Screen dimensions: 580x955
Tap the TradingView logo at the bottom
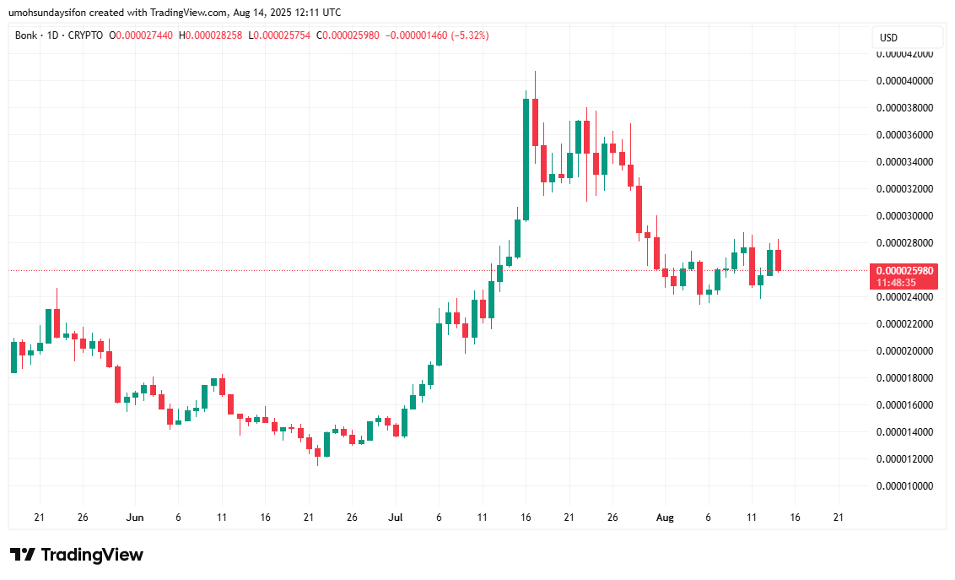tap(77, 555)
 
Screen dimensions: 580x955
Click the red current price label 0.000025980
tap(904, 271)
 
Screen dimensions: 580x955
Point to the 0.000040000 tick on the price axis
tap(904, 81)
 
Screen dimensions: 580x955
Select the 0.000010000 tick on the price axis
tap(904, 486)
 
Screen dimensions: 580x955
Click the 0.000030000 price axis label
tap(904, 216)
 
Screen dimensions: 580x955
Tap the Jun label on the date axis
tap(134, 518)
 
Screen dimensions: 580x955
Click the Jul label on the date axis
tap(396, 518)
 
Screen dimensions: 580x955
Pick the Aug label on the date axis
tap(665, 518)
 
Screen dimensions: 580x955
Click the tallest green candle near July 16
tap(526, 159)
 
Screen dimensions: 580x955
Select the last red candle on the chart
tap(779, 260)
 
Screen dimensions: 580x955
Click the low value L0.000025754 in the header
tap(279, 35)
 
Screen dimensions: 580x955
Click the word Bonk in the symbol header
tap(26, 35)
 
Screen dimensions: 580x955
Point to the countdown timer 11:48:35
tap(896, 283)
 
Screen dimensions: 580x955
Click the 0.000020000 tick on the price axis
tap(904, 351)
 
